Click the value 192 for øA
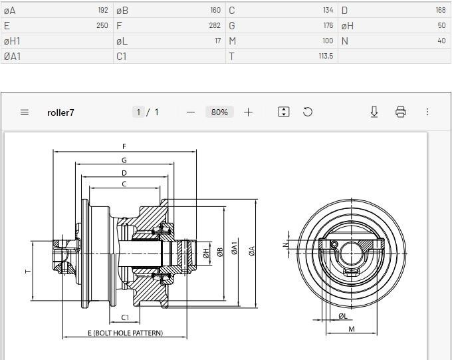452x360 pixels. pyautogui.click(x=103, y=10)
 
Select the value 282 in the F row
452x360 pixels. pyautogui.click(x=215, y=25)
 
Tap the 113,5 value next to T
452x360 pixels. pyautogui.click(x=326, y=56)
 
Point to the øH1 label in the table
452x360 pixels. pyautogui.click(x=12, y=41)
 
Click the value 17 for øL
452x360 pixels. pyautogui.click(x=218, y=41)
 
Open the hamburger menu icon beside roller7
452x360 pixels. pyautogui.click(x=25, y=112)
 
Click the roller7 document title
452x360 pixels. pyautogui.click(x=60, y=112)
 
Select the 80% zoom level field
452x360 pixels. pyautogui.click(x=219, y=112)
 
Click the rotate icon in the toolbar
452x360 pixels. pyautogui.click(x=308, y=112)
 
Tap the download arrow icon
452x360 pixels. pyautogui.click(x=374, y=112)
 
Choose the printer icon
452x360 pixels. pyautogui.click(x=401, y=112)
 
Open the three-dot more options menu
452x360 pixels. pyautogui.click(x=427, y=112)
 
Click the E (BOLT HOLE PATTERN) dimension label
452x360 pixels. pyautogui.click(x=126, y=333)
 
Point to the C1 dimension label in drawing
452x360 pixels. pyautogui.click(x=125, y=317)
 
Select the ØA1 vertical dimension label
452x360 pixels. pyautogui.click(x=235, y=248)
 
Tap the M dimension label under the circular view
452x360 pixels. pyautogui.click(x=352, y=329)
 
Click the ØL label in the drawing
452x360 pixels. pyautogui.click(x=343, y=316)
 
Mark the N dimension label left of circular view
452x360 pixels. pyautogui.click(x=286, y=245)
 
